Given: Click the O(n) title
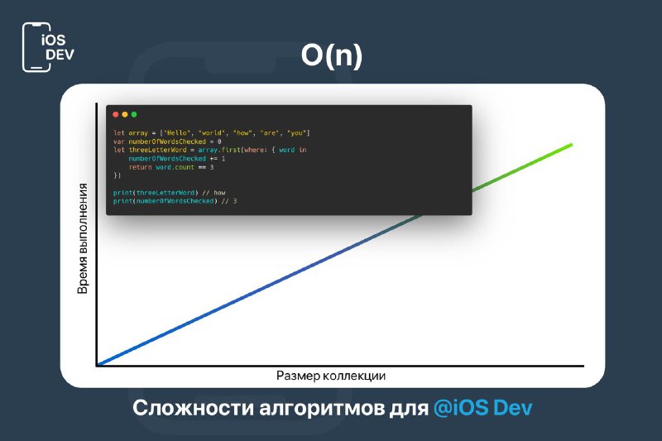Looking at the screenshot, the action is (x=332, y=55).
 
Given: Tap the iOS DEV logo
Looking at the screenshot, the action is (x=48, y=47).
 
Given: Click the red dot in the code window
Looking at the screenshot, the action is (x=116, y=114).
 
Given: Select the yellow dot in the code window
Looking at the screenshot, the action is (x=125, y=114).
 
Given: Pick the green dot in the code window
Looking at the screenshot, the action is (x=134, y=114).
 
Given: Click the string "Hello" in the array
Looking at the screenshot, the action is (x=176, y=133).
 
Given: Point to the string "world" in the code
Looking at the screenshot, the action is (x=211, y=133).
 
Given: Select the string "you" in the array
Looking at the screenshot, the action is (x=296, y=133).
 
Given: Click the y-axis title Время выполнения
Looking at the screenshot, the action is (x=83, y=238).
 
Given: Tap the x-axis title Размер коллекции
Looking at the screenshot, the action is (x=331, y=376).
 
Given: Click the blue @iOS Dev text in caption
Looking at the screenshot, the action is (x=483, y=408).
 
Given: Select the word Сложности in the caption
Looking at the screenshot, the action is (x=193, y=408).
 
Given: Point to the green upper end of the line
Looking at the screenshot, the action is (x=572, y=145).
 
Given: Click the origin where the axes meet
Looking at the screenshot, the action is (x=97, y=366).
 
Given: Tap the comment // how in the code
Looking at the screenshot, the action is (x=213, y=193).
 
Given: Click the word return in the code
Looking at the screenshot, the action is (x=140, y=167).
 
